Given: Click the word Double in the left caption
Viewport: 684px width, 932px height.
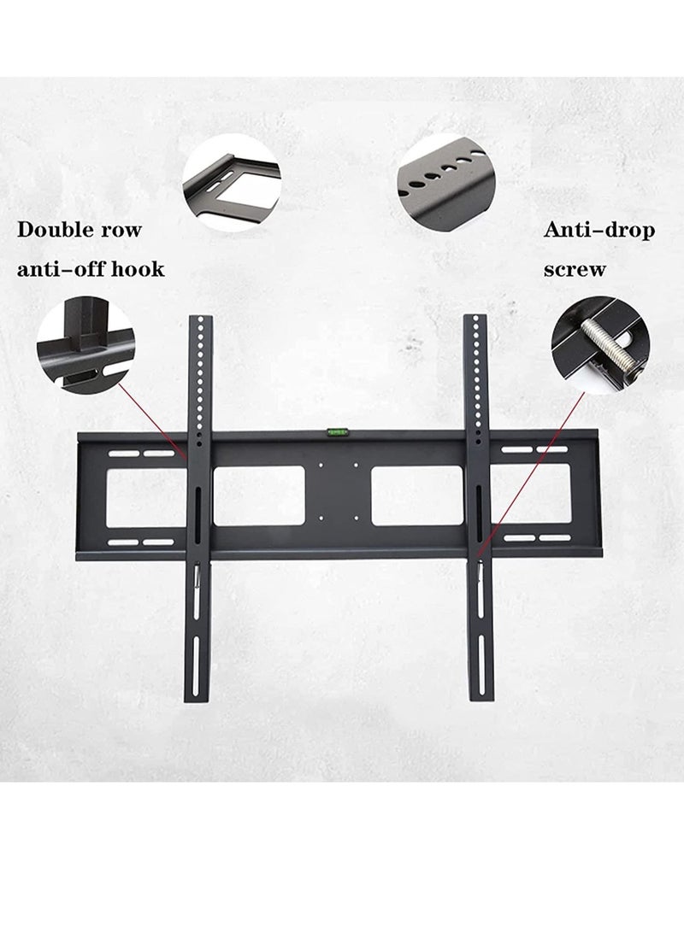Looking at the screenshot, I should click(57, 230).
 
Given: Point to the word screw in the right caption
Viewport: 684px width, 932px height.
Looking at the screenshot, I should click(574, 270).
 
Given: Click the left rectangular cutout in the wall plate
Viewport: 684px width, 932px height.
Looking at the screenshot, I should click(253, 495).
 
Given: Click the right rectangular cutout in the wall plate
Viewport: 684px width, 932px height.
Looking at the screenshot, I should click(419, 495).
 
